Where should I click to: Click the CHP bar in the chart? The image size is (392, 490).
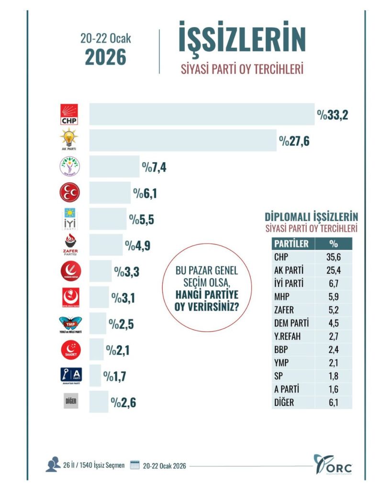pos(201,114)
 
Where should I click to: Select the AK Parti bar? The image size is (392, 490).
pos(182,140)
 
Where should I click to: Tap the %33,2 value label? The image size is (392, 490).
pos(337,115)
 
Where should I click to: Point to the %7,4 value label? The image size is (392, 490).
pos(154,167)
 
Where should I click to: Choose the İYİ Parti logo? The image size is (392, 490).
pos(69,219)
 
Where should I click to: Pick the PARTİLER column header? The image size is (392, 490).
pos(291,244)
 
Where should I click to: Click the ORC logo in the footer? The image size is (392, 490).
pos(333,464)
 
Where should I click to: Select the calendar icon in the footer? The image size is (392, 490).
pos(134,465)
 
